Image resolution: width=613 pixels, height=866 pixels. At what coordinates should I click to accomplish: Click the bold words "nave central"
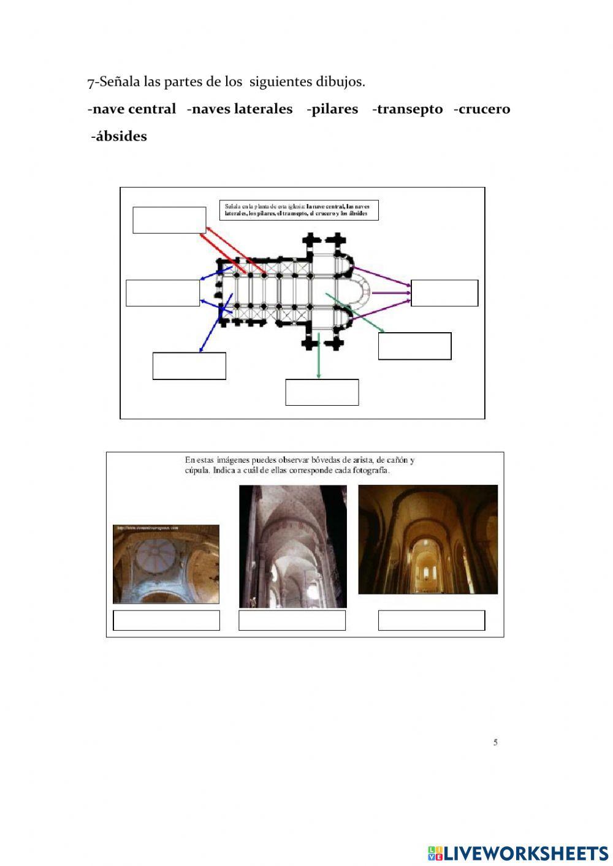[x=134, y=109]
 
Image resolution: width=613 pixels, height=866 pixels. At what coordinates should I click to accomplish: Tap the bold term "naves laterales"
[x=242, y=109]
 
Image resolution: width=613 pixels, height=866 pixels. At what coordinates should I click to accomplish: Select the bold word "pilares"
[x=334, y=109]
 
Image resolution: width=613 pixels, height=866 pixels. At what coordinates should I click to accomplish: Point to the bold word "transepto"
[x=409, y=109]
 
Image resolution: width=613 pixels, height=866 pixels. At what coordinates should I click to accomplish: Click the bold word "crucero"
[x=484, y=109]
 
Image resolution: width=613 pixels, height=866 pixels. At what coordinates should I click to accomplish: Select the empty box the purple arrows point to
[x=444, y=293]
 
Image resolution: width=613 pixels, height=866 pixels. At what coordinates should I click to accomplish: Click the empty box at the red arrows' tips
[x=169, y=220]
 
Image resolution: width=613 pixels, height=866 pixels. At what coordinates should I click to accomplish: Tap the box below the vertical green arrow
[x=322, y=392]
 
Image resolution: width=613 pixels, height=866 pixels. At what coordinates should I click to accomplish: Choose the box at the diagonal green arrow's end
[x=414, y=346]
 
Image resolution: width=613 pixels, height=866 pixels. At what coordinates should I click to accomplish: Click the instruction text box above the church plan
[x=299, y=210]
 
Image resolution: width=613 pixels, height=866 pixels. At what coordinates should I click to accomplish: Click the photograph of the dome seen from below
[x=166, y=564]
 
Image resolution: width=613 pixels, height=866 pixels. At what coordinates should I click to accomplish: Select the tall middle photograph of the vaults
[x=292, y=546]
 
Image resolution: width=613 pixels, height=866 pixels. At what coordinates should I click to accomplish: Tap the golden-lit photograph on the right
[x=428, y=539]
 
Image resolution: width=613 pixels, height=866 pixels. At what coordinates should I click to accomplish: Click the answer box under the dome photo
[x=166, y=620]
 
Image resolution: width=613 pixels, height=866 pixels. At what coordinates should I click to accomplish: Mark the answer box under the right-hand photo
[x=432, y=620]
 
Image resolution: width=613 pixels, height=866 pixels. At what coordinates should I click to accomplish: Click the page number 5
[x=495, y=742]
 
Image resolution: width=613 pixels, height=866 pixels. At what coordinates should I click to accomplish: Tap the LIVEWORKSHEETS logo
[x=518, y=853]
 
